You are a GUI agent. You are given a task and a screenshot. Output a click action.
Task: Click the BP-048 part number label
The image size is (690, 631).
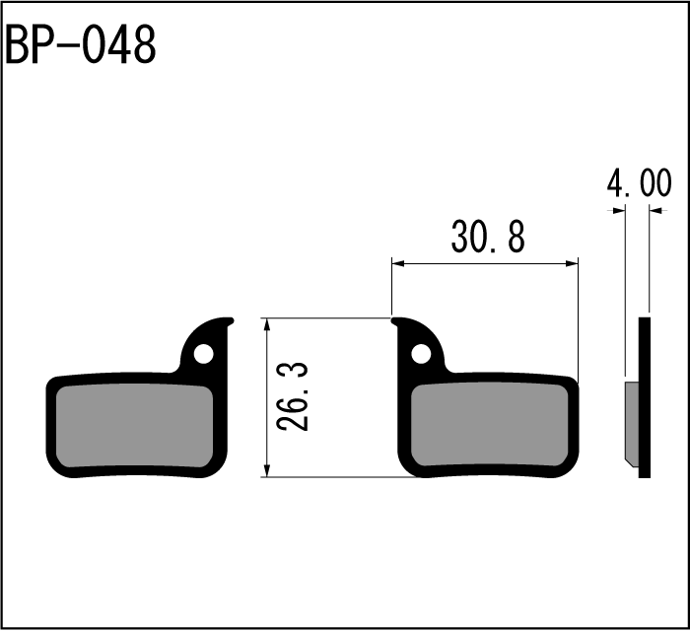pyautogui.click(x=80, y=45)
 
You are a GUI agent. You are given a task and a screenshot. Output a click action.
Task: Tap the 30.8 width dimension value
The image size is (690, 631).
pyautogui.click(x=488, y=238)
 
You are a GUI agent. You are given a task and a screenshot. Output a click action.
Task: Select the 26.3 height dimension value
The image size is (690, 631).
pyautogui.click(x=292, y=396)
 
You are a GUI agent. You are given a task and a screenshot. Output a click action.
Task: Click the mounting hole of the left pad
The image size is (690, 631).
pyautogui.click(x=203, y=354)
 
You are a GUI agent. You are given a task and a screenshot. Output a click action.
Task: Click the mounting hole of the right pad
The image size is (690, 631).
pyautogui.click(x=421, y=354)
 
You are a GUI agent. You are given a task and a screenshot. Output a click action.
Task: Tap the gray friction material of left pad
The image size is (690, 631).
pyautogui.click(x=135, y=426)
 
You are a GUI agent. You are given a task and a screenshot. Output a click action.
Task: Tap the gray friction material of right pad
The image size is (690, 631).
pyautogui.click(x=489, y=426)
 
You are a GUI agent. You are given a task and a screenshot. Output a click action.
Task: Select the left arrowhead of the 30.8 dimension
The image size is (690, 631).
pyautogui.click(x=398, y=263)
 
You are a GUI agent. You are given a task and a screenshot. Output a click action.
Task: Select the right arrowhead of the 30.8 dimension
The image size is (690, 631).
pyautogui.click(x=572, y=263)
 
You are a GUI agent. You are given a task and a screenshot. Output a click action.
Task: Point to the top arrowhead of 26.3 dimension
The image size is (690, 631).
pyautogui.click(x=266, y=324)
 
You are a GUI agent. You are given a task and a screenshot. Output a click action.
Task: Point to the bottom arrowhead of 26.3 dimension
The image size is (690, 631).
pyautogui.click(x=266, y=470)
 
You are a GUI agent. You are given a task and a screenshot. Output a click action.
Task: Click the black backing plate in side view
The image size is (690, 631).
pyautogui.click(x=645, y=397)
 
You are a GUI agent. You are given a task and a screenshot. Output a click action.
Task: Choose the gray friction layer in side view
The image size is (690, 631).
pyautogui.click(x=632, y=423)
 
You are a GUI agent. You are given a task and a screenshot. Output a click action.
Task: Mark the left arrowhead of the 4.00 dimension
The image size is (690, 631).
pyautogui.click(x=619, y=211)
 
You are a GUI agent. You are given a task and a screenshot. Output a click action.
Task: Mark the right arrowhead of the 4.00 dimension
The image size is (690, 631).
pyautogui.click(x=655, y=211)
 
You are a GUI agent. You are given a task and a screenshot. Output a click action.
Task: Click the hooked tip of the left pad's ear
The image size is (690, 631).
pyautogui.click(x=231, y=321)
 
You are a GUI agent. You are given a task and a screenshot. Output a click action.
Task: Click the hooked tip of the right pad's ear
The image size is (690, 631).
pyautogui.click(x=394, y=321)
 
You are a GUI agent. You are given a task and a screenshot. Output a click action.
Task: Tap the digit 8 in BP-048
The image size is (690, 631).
pyautogui.click(x=144, y=45)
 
